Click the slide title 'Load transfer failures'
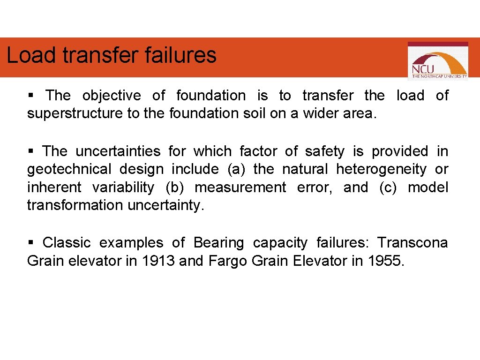click(112, 55)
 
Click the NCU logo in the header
click(437, 61)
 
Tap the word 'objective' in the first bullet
click(112, 96)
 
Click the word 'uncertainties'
click(118, 151)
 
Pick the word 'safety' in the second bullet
click(324, 151)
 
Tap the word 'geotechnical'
click(69, 169)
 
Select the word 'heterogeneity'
click(382, 169)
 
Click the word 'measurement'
click(240, 187)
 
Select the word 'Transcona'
click(412, 243)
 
